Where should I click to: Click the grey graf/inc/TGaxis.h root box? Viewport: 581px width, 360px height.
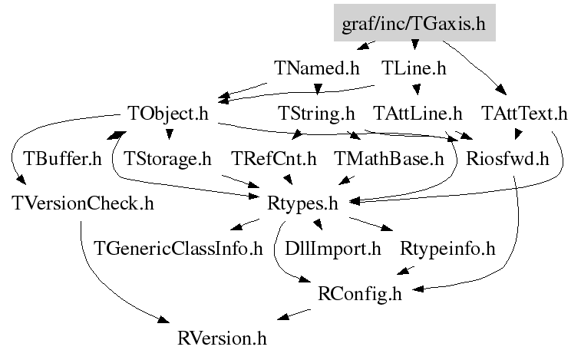[x=414, y=23]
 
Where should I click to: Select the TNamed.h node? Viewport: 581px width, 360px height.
[x=316, y=68]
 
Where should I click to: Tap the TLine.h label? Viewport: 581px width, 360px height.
[x=414, y=68]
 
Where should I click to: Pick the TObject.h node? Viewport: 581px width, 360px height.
[x=169, y=114]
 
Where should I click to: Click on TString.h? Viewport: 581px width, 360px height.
[x=316, y=114]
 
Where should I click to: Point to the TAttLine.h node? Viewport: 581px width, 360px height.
[x=418, y=114]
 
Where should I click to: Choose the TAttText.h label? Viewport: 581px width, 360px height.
[x=524, y=114]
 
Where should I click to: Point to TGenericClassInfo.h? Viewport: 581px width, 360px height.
[x=178, y=249]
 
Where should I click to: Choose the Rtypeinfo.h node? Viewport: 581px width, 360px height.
[x=447, y=249]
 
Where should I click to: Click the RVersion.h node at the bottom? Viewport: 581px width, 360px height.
[x=223, y=337]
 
